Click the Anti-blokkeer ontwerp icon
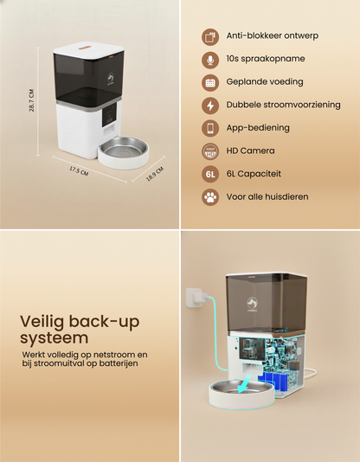click(209, 36)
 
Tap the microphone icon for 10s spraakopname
click(209, 60)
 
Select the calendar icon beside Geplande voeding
click(209, 83)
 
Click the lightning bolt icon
click(209, 106)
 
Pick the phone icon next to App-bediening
click(209, 128)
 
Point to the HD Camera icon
click(209, 151)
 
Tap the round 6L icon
click(209, 174)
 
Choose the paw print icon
click(209, 197)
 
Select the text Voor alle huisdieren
click(267, 197)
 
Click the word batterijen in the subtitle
click(117, 363)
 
